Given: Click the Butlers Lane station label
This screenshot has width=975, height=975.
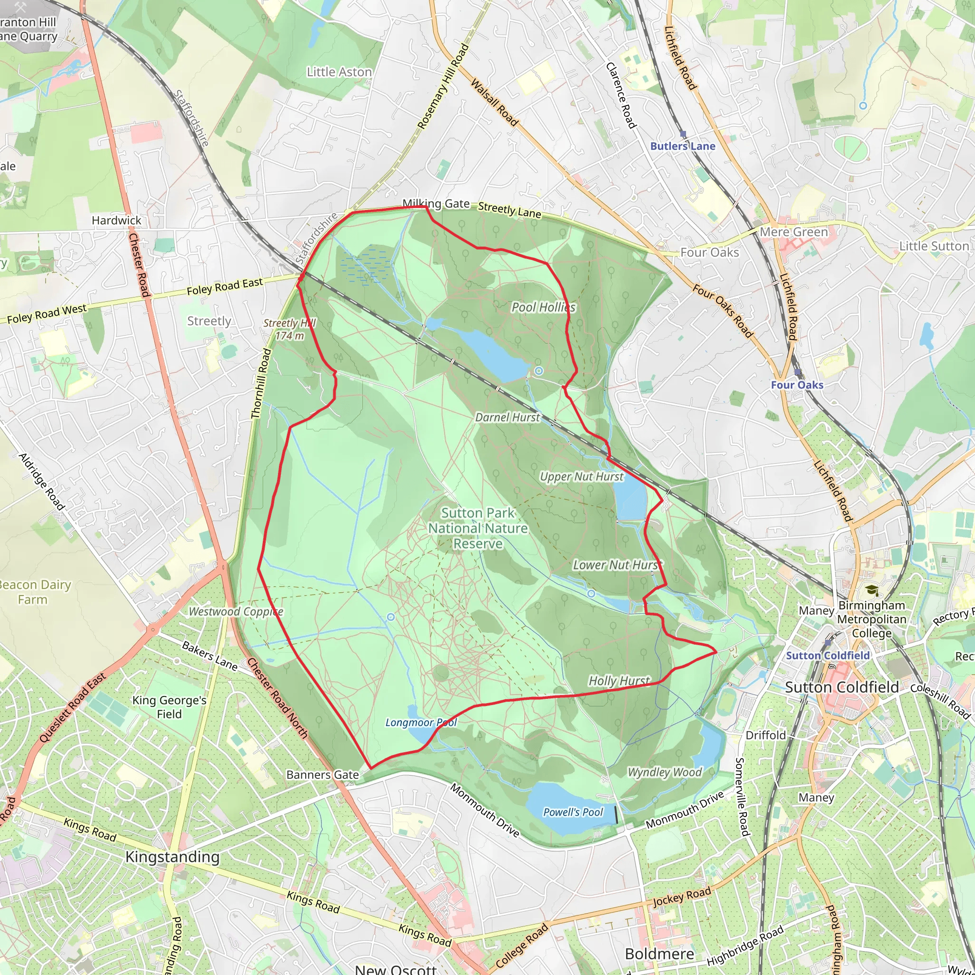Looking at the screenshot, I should [682, 146].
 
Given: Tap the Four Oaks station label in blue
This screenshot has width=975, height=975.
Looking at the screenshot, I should [797, 385].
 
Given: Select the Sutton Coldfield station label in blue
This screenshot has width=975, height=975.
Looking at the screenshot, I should [827, 656].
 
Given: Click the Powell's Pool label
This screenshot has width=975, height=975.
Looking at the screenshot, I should [573, 812].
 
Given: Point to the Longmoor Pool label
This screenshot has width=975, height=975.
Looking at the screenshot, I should [421, 723].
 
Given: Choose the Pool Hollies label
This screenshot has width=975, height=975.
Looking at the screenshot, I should [543, 308].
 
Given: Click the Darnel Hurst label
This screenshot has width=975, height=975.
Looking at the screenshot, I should [507, 418].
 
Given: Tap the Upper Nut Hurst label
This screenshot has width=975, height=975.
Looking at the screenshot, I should [581, 477].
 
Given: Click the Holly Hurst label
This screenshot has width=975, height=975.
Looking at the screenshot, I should [619, 681].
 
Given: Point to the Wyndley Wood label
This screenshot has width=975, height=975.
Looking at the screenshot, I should [665, 772].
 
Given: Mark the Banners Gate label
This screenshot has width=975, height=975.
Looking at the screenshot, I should [322, 775].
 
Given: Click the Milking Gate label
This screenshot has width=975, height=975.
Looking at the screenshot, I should [436, 203].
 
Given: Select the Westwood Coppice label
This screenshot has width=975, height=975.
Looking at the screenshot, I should [236, 612].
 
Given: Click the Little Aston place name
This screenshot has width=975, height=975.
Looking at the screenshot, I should [339, 72].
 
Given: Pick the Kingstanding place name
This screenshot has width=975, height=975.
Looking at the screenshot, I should [173, 857].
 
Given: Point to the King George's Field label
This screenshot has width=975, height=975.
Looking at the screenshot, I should [169, 707].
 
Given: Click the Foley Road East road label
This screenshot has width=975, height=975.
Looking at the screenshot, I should [225, 286].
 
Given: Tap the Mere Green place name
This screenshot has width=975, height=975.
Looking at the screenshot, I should [794, 232].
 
